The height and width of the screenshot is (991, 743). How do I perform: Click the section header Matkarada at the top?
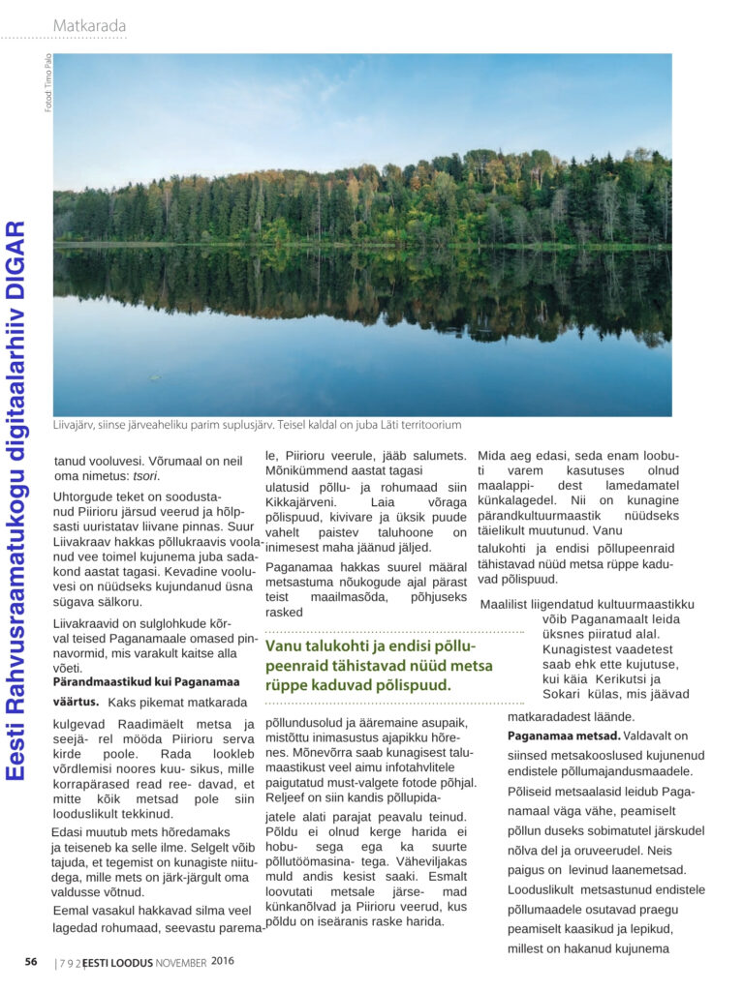coord(89,25)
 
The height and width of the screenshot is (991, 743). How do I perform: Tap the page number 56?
coord(31,962)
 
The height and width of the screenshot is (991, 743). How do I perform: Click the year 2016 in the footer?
coord(223,961)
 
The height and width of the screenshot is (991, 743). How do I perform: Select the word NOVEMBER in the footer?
coord(181,962)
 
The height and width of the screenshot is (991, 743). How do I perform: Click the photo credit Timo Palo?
coord(48,74)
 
